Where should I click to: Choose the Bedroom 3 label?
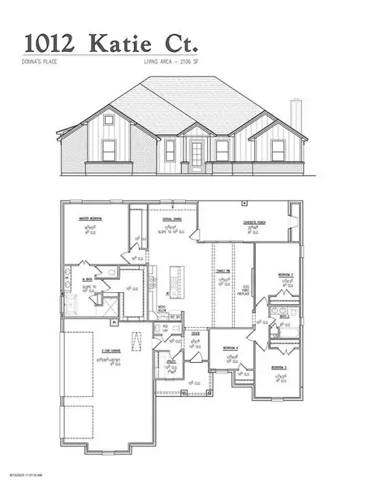tap(282, 367)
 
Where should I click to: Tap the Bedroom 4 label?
tap(231, 347)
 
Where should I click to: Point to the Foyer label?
tap(195, 332)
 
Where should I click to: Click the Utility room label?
tap(171, 361)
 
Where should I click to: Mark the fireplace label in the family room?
tap(246, 288)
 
